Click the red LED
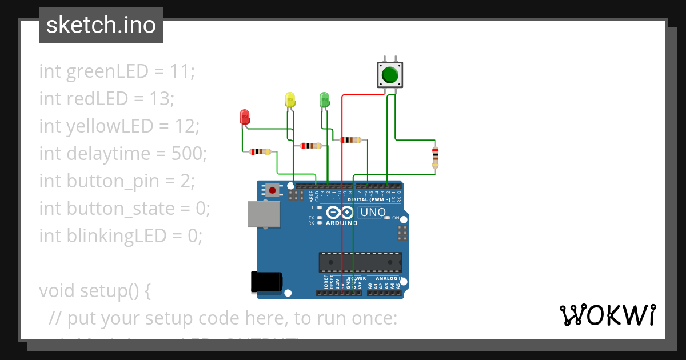[244, 117]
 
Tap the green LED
[324, 99]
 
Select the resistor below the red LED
[261, 151]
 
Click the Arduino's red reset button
[273, 190]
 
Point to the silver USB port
[264, 214]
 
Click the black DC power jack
[266, 282]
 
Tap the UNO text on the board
[373, 213]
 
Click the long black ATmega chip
[360, 262]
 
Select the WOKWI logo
[607, 315]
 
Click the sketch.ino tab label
[101, 25]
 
